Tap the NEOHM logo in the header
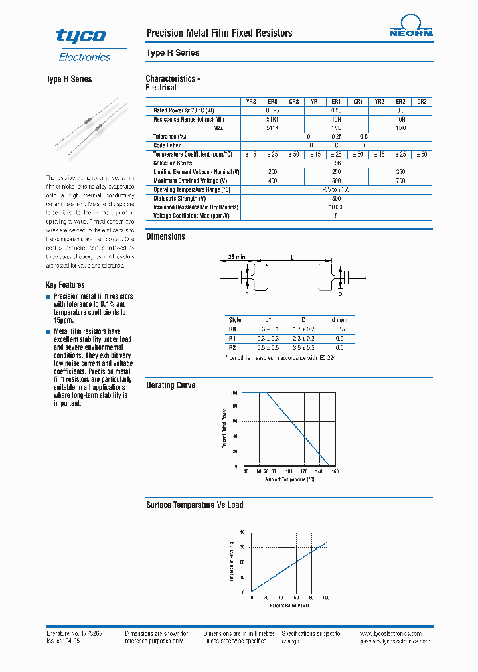coord(410,29)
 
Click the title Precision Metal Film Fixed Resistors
coord(218,33)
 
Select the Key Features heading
coord(65,284)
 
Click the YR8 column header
coord(251,102)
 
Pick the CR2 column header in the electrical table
coord(422,102)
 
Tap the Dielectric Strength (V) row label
coord(179,198)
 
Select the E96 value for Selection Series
coord(336,163)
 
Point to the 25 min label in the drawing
coord(236,256)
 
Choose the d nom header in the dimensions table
coord(339,319)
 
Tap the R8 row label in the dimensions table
coord(232,329)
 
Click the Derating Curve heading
coord(171,385)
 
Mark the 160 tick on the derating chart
coord(335,471)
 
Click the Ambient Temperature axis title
coord(289,479)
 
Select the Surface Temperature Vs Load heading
coord(195,505)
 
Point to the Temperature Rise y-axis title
coord(232,562)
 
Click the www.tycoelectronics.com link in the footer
coord(396,634)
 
